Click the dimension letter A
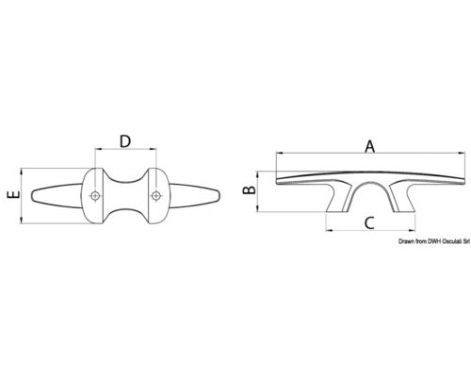coord(370,147)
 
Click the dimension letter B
coord(251,190)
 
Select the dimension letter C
coord(369,223)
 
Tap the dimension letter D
coord(125,141)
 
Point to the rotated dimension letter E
coord(14,195)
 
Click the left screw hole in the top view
coord(95,196)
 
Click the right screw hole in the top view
coord(155,196)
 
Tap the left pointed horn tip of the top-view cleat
coord(32,196)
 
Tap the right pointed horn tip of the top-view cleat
coord(219,196)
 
